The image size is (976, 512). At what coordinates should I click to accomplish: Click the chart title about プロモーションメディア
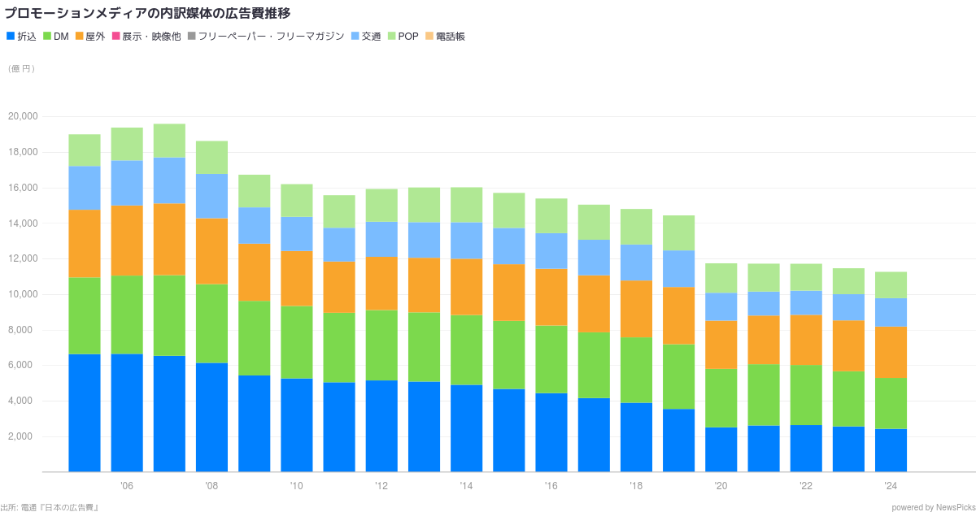147,13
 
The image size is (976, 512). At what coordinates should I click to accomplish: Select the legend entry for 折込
22,37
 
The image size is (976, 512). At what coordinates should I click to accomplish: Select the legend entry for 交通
366,37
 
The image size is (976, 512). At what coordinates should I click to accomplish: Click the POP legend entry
403,37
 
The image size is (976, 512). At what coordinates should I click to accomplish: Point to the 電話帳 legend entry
446,37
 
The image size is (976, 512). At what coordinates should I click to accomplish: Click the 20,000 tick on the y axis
23,116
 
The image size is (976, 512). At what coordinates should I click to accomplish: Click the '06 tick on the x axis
127,486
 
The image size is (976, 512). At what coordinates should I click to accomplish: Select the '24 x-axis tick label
891,486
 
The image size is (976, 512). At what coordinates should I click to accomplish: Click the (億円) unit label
21,69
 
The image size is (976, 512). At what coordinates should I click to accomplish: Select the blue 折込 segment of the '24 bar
891,450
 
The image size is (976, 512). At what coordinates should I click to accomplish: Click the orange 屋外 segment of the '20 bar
721,345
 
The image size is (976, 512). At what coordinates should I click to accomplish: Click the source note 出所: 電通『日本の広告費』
50,507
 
